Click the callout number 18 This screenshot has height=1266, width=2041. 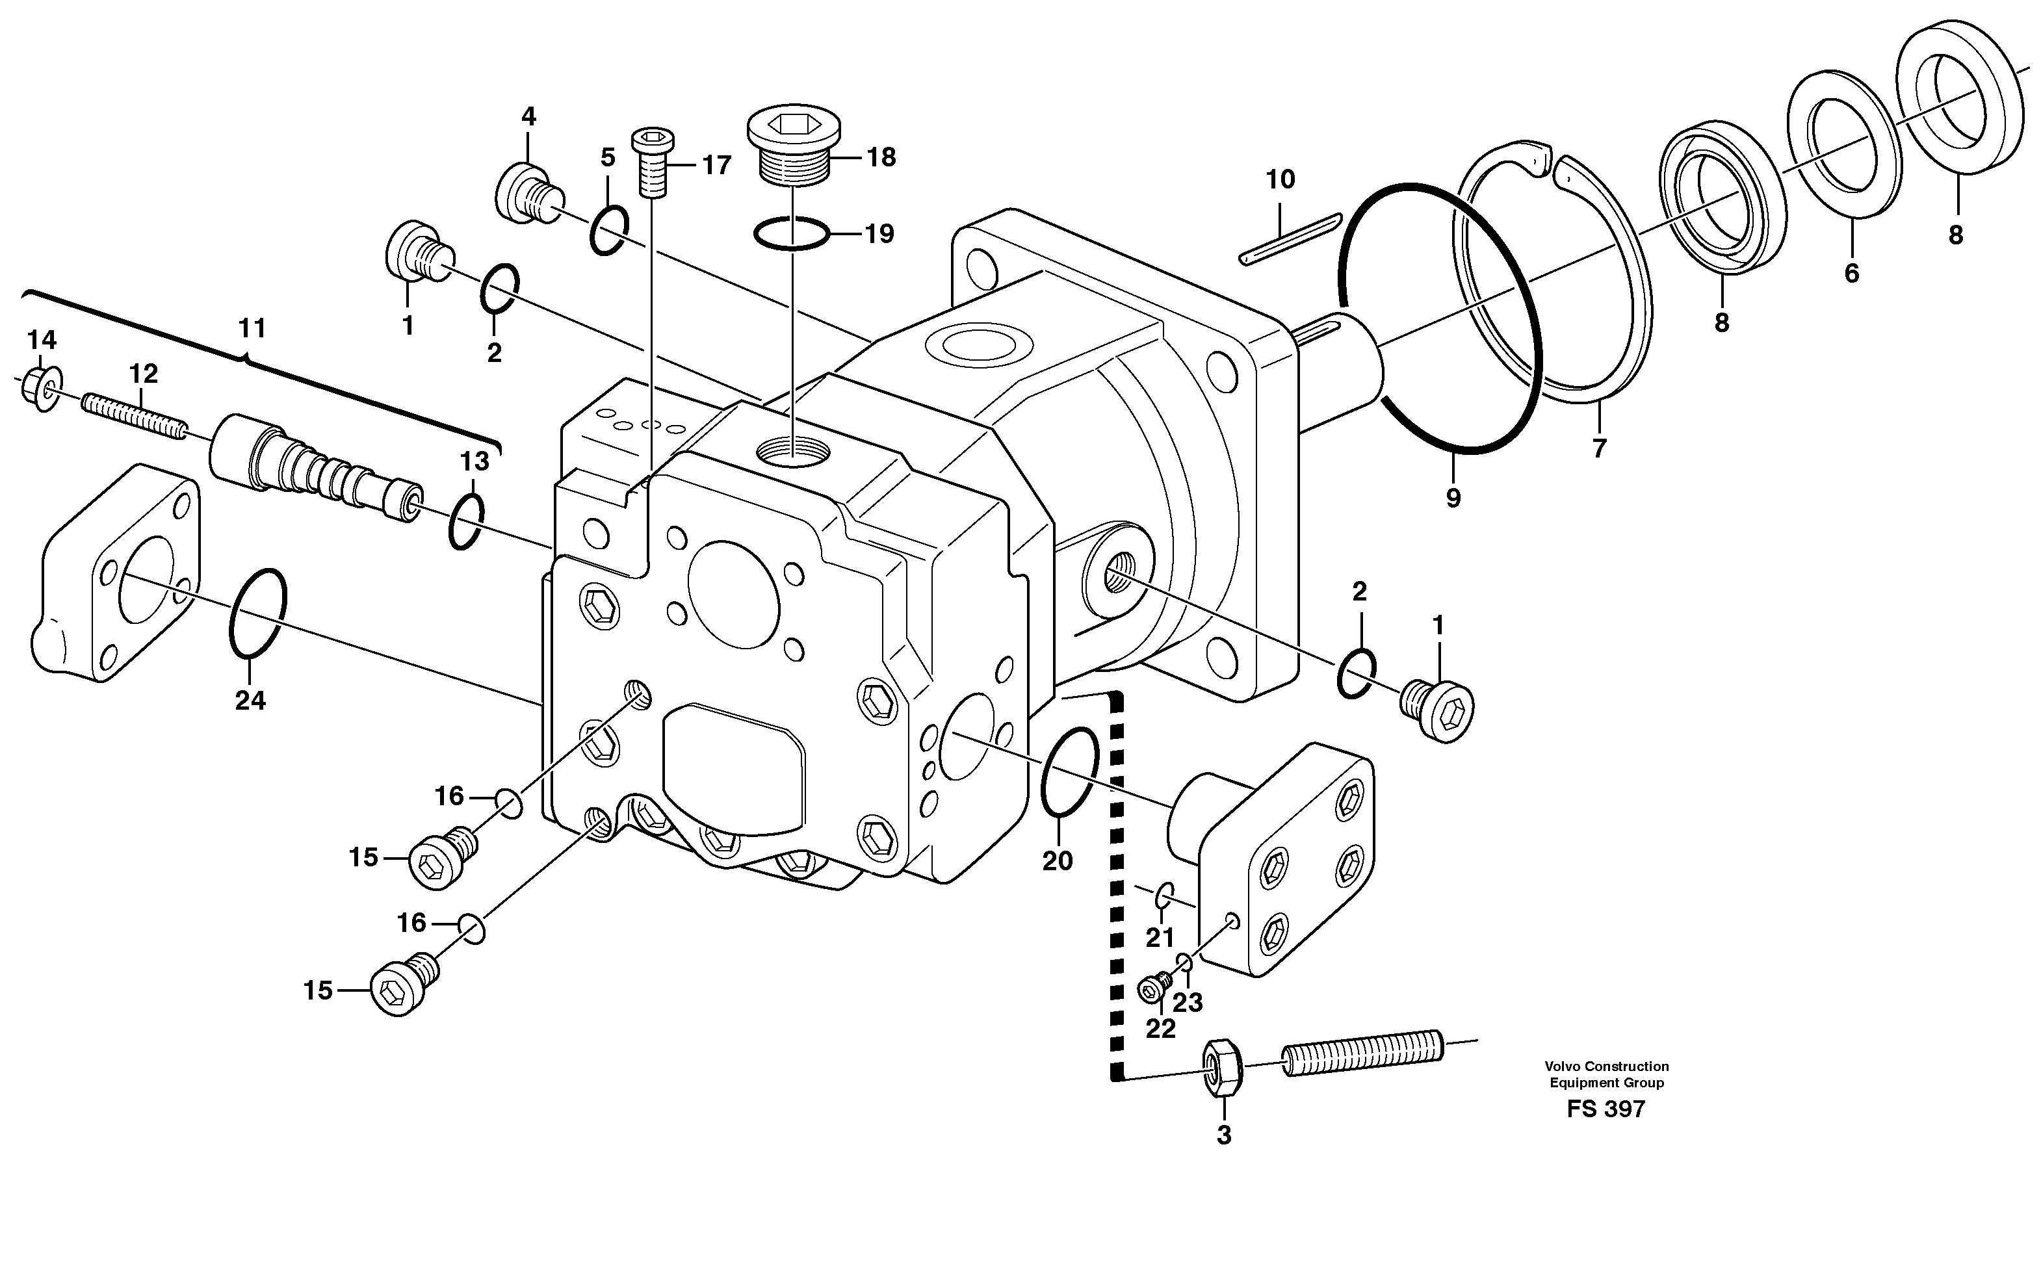pyautogui.click(x=881, y=157)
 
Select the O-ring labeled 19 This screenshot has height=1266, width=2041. pyautogui.click(x=791, y=233)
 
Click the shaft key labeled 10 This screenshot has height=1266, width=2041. pyautogui.click(x=1289, y=240)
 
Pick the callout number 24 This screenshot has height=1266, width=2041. pyautogui.click(x=250, y=700)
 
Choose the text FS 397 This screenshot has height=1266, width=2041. pyautogui.click(x=1605, y=1109)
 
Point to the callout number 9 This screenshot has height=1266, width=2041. pyautogui.click(x=1453, y=498)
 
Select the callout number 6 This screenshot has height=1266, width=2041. pyautogui.click(x=1852, y=273)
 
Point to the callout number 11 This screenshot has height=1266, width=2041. pyautogui.click(x=252, y=328)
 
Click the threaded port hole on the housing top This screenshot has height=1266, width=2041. pyautogui.click(x=793, y=453)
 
